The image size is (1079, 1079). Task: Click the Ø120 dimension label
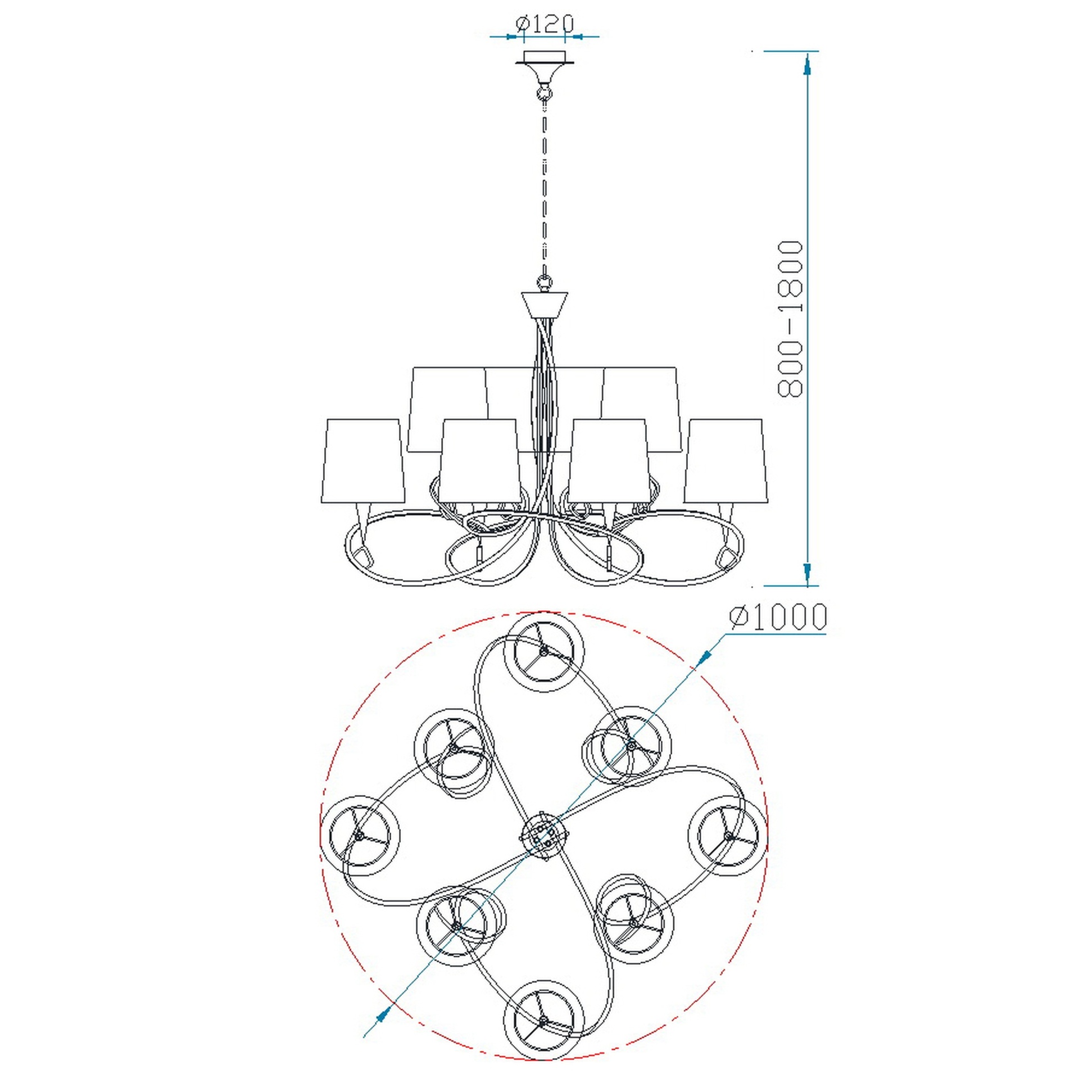544,23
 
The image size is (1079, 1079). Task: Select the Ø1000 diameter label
778,616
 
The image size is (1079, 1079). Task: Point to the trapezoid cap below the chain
545,304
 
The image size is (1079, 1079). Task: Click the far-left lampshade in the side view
363,460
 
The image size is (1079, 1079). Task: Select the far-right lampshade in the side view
724,460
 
